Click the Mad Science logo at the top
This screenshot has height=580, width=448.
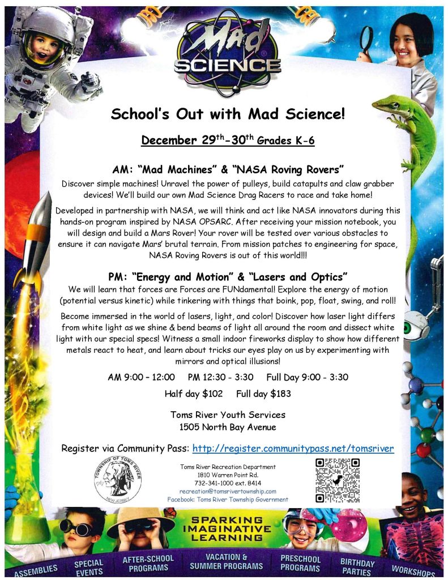227,54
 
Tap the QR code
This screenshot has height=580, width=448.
338,480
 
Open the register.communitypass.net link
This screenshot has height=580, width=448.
293,449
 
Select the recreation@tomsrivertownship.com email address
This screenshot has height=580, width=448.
228,491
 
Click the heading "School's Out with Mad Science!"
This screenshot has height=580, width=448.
227,114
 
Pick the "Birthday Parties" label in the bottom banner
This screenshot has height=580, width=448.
357,567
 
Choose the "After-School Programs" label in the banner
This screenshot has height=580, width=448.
148,563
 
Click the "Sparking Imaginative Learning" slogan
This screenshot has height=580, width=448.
227,528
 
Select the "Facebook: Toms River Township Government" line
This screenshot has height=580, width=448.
228,500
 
